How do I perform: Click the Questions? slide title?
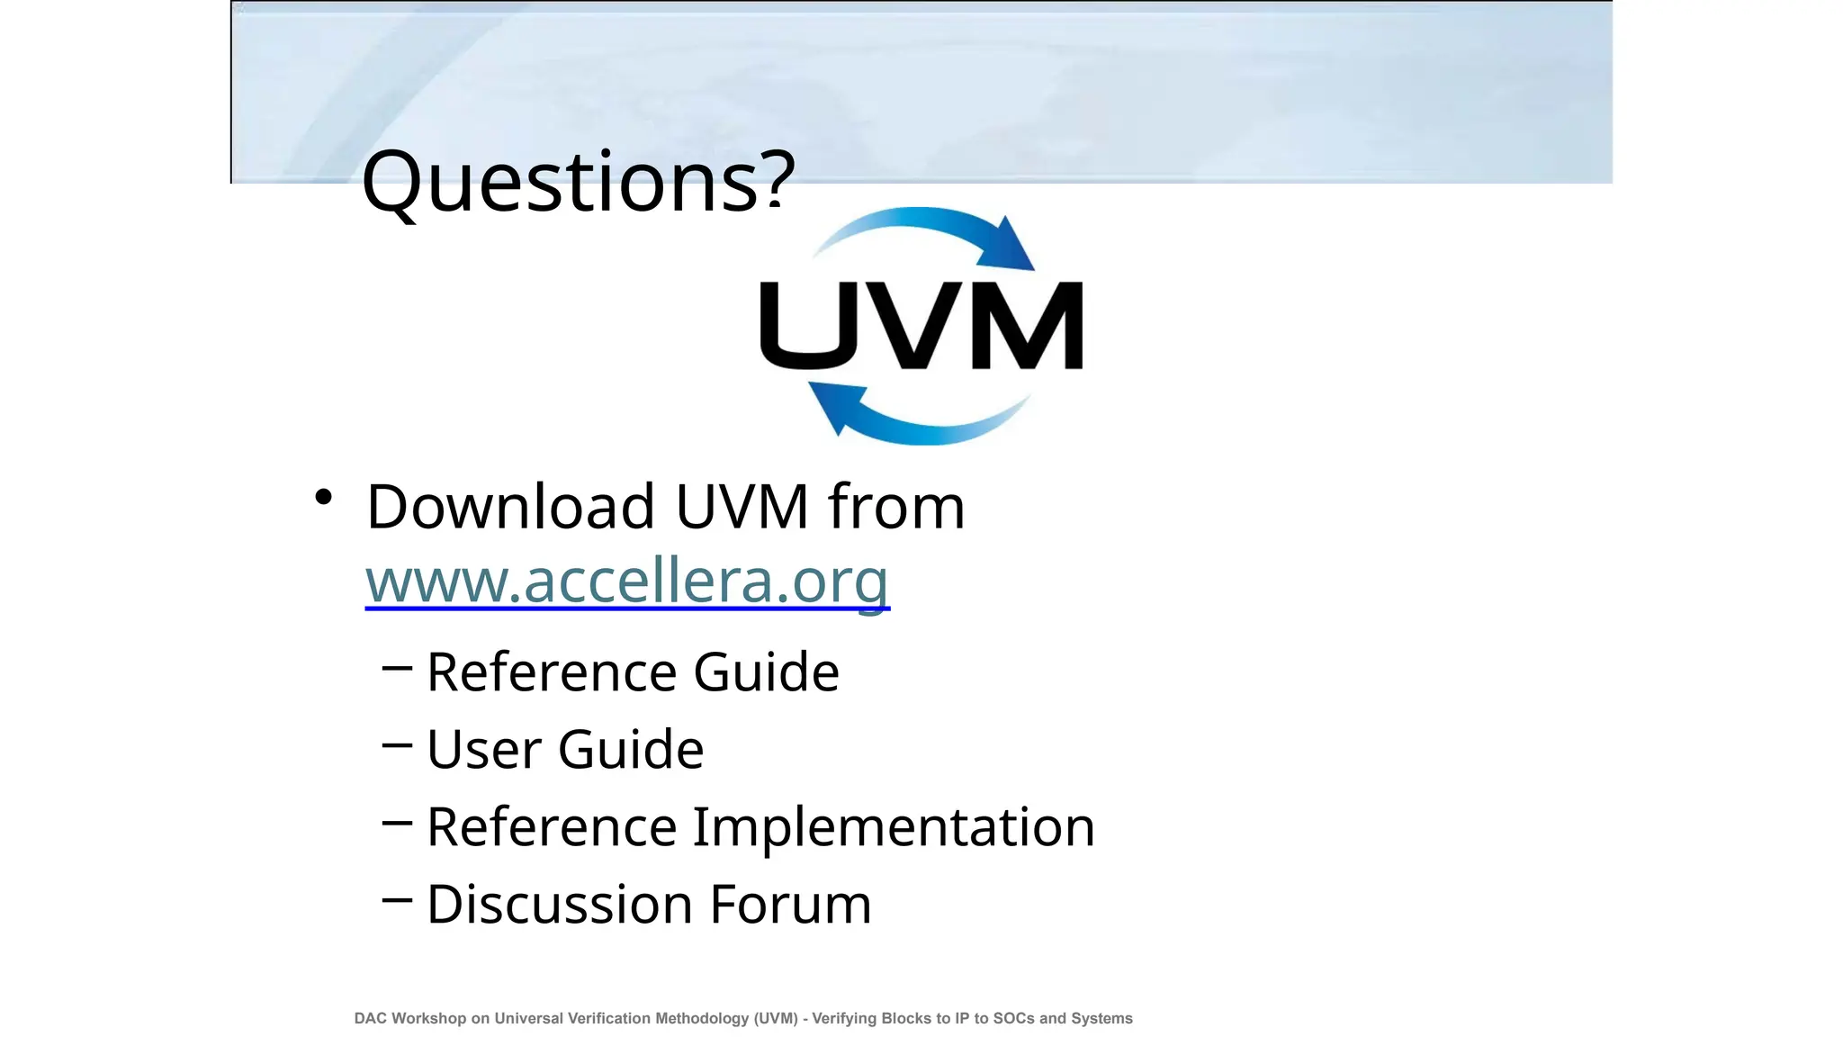tap(578, 182)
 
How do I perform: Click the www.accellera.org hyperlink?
tap(626, 581)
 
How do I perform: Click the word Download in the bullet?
tap(510, 507)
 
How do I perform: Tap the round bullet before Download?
tap(324, 497)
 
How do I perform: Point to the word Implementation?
tap(893, 827)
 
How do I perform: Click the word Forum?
tap(791, 905)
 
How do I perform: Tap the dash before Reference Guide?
tap(397, 668)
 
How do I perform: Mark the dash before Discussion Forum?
tap(397, 899)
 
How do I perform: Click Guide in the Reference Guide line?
tap(766, 672)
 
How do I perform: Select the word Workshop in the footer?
tap(428, 1018)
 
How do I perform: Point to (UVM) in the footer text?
tap(776, 1018)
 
